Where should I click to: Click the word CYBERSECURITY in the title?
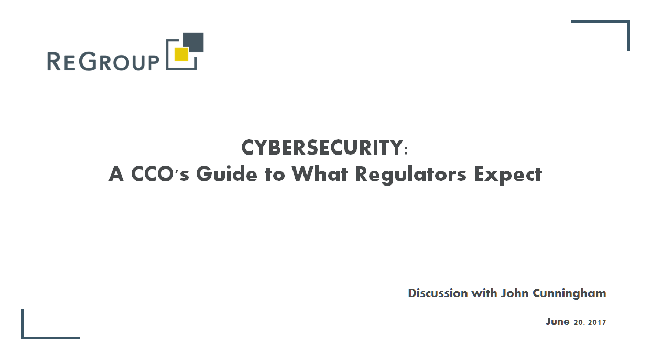(321, 148)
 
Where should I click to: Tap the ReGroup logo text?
(103, 61)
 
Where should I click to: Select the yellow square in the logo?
(181, 54)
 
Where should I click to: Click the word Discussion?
(438, 293)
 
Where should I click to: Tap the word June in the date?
(557, 322)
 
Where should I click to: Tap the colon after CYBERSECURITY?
(406, 151)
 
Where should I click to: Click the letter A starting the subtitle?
(116, 174)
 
